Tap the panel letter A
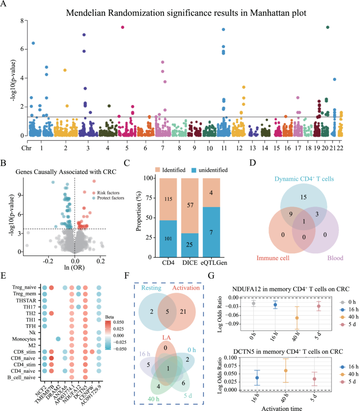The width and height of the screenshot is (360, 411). coord(4,4)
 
